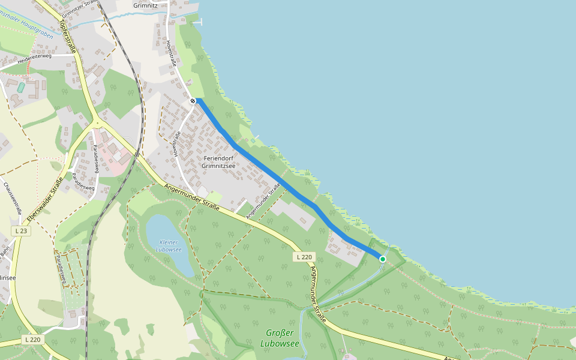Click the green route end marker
click(383, 259)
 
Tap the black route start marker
click(193, 101)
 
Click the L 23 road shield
click(20, 231)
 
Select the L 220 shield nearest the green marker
click(304, 257)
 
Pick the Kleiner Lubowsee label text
click(168, 245)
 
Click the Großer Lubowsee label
click(280, 338)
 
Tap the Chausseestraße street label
click(13, 198)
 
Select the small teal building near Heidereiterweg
click(21, 88)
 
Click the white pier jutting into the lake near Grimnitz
click(199, 22)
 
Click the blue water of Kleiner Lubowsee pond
click(162, 231)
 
